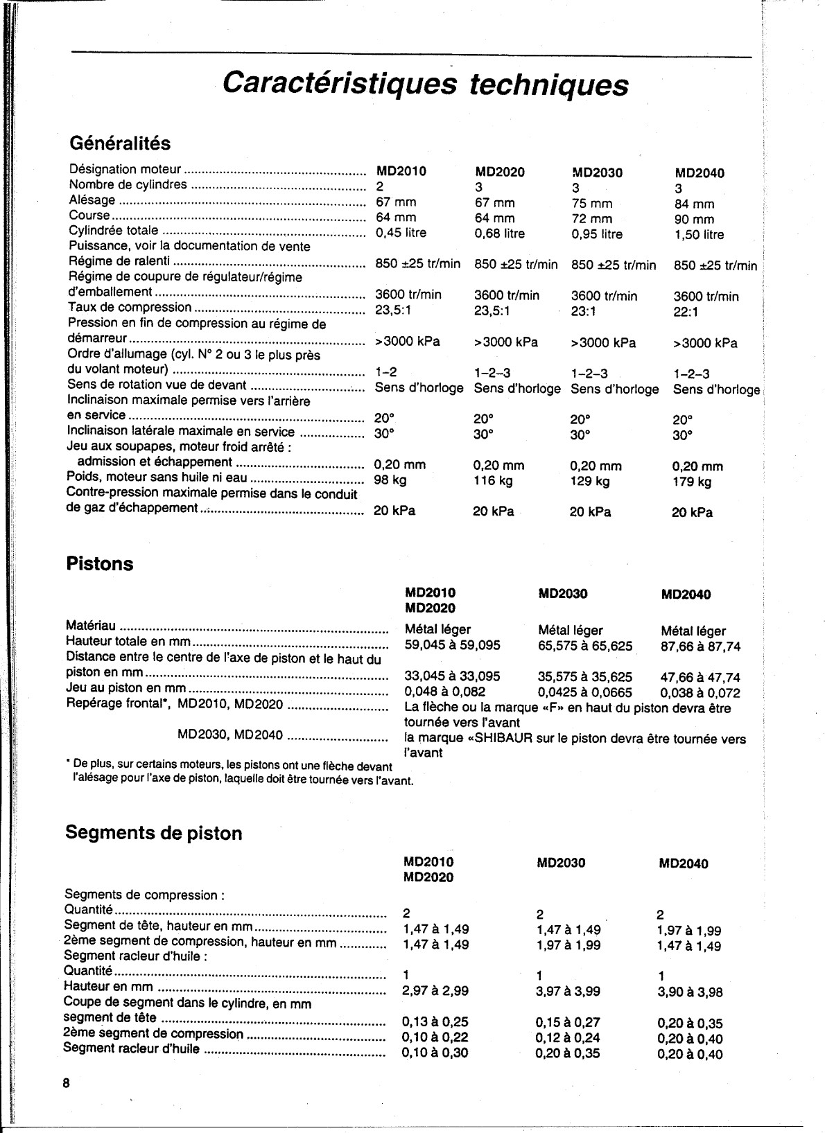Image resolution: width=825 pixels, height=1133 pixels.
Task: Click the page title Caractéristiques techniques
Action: tap(426, 85)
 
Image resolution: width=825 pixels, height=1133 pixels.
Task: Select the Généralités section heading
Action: tap(120, 143)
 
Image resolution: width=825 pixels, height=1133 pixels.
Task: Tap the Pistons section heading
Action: tap(99, 563)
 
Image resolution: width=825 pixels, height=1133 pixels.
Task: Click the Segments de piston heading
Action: tap(153, 832)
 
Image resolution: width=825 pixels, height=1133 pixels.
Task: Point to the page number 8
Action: tap(67, 1084)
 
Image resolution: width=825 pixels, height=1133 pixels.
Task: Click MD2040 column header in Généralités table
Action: tap(699, 173)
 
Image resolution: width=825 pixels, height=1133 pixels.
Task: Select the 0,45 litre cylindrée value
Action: tap(401, 233)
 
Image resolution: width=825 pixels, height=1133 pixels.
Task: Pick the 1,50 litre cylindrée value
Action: tap(698, 235)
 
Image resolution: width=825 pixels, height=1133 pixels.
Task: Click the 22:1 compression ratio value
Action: tap(686, 312)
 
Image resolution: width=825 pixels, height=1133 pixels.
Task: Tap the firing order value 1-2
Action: tap(385, 373)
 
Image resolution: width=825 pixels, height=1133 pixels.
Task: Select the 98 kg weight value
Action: tap(390, 480)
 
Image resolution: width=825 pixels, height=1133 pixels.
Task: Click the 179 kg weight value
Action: tap(691, 482)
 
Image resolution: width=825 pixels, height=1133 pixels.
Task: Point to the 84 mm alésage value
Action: tap(693, 204)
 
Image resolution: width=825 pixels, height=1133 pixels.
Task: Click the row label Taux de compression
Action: tap(130, 307)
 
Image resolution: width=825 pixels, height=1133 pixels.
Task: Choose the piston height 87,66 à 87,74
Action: tap(700, 647)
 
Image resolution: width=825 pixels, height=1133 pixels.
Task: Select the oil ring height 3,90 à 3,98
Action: tap(689, 992)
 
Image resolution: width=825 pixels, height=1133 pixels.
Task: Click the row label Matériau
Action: tap(90, 626)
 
